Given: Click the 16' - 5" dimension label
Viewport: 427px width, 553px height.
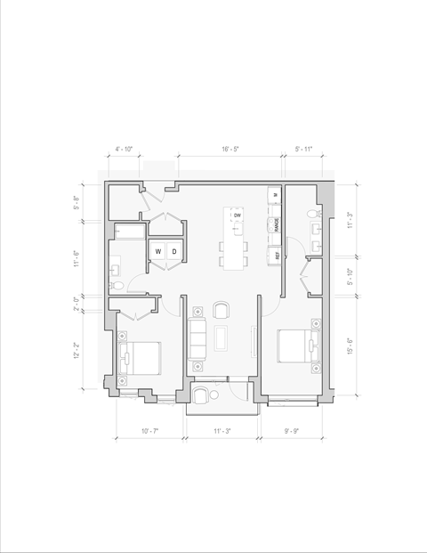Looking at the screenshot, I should [231, 150].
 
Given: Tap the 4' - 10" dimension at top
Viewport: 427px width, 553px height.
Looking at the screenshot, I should [124, 150].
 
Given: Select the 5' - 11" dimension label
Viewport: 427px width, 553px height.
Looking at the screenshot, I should [303, 150].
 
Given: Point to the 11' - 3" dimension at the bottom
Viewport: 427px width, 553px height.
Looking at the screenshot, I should [222, 432].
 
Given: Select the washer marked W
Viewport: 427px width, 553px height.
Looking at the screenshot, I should [158, 252].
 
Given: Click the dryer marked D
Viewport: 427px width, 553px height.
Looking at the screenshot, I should [173, 252].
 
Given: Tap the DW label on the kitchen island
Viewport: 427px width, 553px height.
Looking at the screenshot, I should [238, 216].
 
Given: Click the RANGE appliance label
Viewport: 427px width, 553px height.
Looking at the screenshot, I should [277, 225].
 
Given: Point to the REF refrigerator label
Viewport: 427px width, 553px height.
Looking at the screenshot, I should [277, 255].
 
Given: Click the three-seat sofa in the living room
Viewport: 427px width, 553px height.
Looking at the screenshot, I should [197, 338].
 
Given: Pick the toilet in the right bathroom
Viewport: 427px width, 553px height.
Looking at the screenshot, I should [312, 215].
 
